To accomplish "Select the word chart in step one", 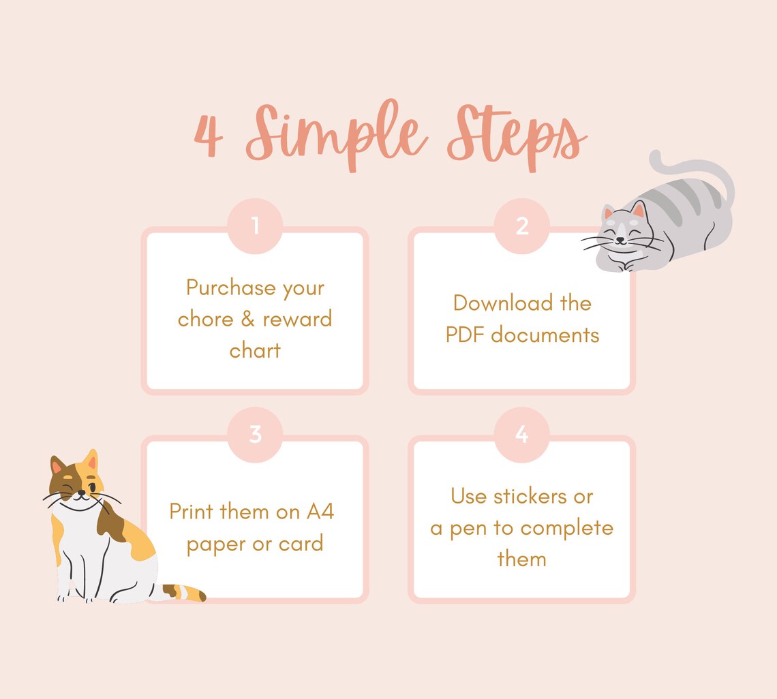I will [x=255, y=350].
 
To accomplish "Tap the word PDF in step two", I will [x=466, y=335].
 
